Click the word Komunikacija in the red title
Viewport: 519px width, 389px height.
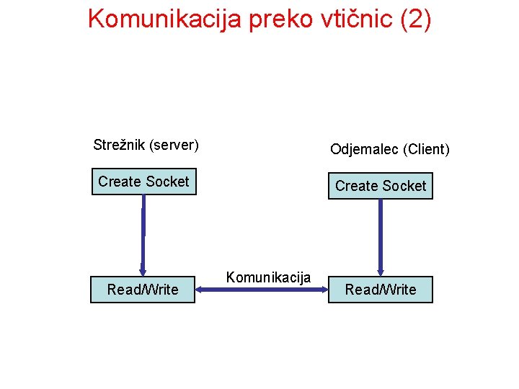click(x=164, y=19)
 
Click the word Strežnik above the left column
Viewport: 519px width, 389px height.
click(x=120, y=145)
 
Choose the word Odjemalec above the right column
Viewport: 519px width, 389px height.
click(x=364, y=149)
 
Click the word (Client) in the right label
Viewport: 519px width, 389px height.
click(x=427, y=149)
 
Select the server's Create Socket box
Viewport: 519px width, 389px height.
click(x=143, y=182)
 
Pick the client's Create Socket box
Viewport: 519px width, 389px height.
click(x=381, y=186)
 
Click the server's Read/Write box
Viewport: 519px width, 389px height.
click(x=143, y=290)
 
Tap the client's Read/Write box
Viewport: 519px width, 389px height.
click(x=381, y=290)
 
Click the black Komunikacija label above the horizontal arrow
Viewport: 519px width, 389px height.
click(x=268, y=277)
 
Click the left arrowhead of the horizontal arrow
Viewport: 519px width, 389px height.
click(x=201, y=290)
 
